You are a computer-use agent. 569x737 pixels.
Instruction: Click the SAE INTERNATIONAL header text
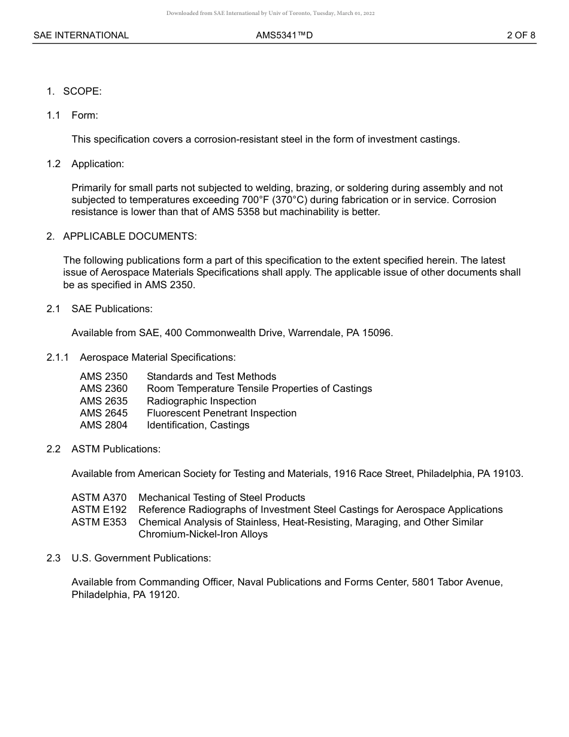pyautogui.click(x=81, y=35)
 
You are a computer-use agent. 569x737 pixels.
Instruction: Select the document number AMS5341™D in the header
pyautogui.click(x=284, y=35)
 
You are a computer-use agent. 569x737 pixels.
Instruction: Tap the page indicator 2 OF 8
pyautogui.click(x=521, y=35)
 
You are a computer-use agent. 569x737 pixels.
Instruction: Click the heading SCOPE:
pyautogui.click(x=83, y=91)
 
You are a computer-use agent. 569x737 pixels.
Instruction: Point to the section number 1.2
pyautogui.click(x=54, y=164)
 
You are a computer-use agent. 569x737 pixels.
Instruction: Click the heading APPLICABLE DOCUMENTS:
pyautogui.click(x=130, y=236)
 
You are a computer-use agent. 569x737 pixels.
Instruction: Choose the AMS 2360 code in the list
pyautogui.click(x=104, y=389)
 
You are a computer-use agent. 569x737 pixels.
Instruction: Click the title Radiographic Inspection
pyautogui.click(x=201, y=401)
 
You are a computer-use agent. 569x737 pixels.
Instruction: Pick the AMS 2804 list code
pyautogui.click(x=104, y=425)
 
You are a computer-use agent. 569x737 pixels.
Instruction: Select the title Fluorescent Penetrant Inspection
pyautogui.click(x=222, y=413)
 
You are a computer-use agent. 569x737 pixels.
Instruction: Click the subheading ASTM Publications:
pyautogui.click(x=116, y=449)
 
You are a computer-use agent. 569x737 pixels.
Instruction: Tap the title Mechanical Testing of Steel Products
pyautogui.click(x=222, y=498)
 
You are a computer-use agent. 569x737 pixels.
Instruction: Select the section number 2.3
pyautogui.click(x=54, y=558)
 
